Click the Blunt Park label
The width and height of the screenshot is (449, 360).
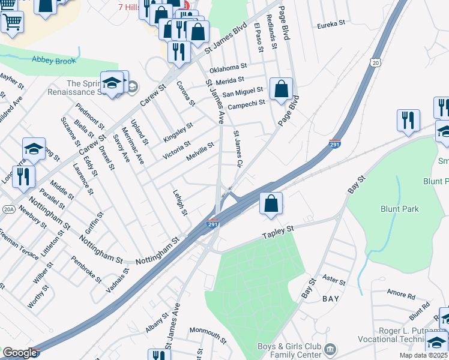tap(399, 209)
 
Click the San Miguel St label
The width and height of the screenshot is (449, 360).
tap(243, 92)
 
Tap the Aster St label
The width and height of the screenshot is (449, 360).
tap(334, 281)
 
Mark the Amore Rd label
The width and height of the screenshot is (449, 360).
tap(401, 295)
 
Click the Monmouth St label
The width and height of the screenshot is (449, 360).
tap(208, 331)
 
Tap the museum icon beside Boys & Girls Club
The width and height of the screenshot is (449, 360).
tap(330, 349)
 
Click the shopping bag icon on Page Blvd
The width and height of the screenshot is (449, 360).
tap(281, 90)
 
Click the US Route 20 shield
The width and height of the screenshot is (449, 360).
tap(376, 62)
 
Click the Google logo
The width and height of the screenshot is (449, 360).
tap(19, 353)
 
